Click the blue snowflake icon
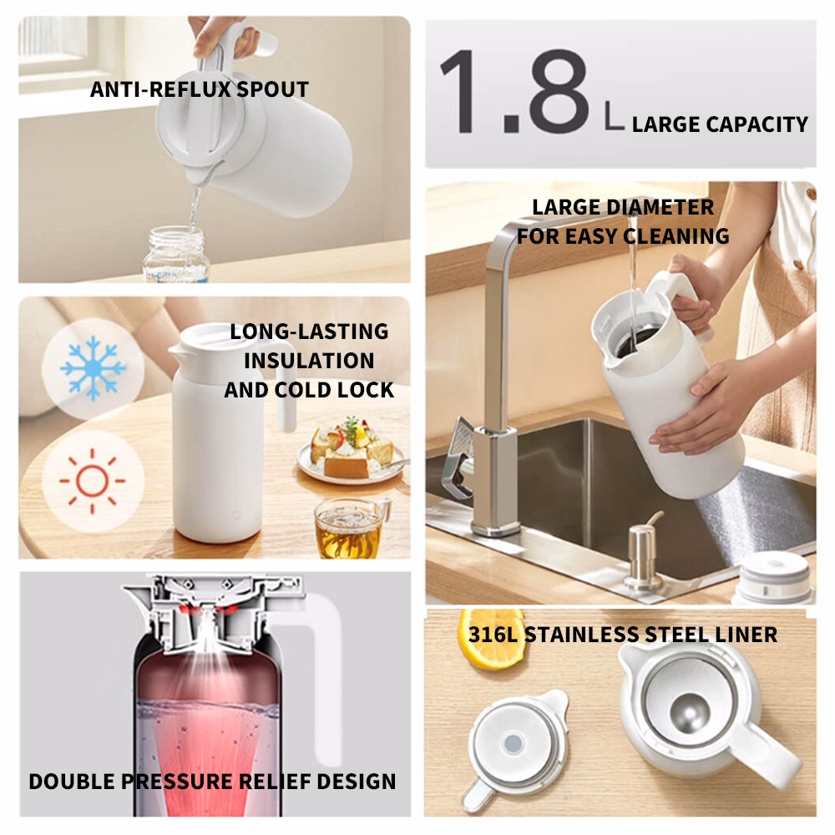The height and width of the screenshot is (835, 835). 93,367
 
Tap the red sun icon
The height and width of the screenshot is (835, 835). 92,481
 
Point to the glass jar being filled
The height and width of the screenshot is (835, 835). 176,255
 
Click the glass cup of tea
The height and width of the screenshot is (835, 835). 350,528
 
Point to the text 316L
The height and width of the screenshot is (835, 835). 488,635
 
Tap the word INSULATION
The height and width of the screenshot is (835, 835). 309,361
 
